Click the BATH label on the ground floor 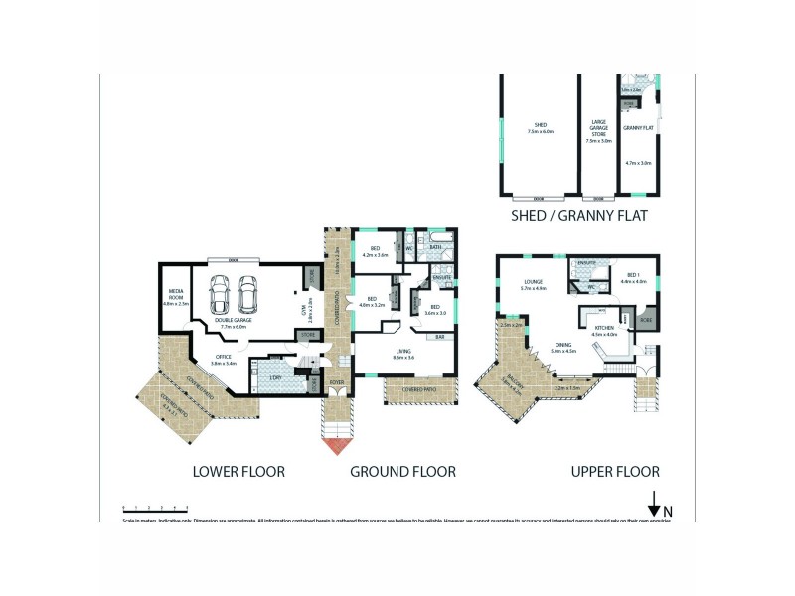point(435,247)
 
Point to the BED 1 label point(634,278)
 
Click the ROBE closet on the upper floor point(645,321)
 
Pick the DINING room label point(563,348)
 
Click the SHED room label point(540,126)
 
